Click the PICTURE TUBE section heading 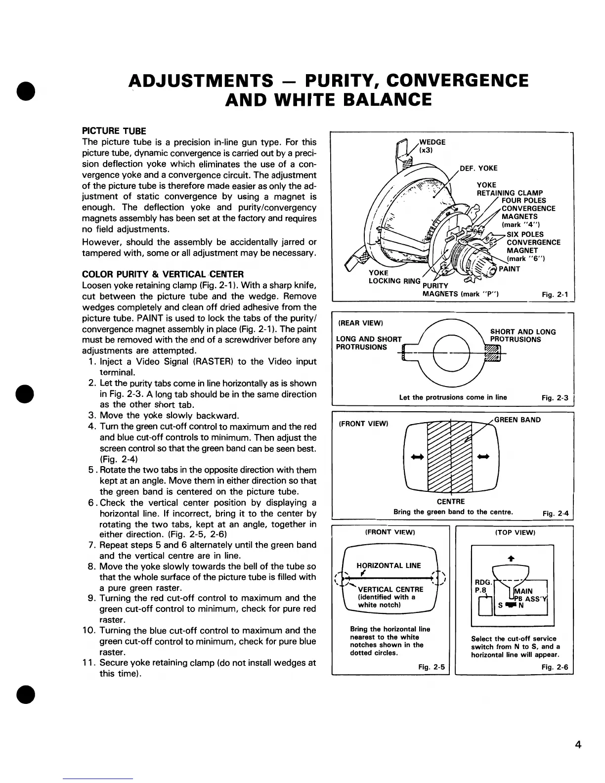coord(114,131)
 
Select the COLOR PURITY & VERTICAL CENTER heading coord(163,274)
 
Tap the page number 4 coord(578,732)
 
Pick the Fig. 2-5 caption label coord(431,667)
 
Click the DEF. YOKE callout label coord(478,168)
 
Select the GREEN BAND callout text coord(517,420)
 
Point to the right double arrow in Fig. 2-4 coord(483,456)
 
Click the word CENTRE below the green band coord(451,502)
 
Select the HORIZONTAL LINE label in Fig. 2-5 coord(389,565)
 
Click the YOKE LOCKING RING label coord(394,277)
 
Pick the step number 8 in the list coord(91,566)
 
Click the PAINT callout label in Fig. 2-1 coord(509,269)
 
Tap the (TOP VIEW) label coord(515,532)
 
